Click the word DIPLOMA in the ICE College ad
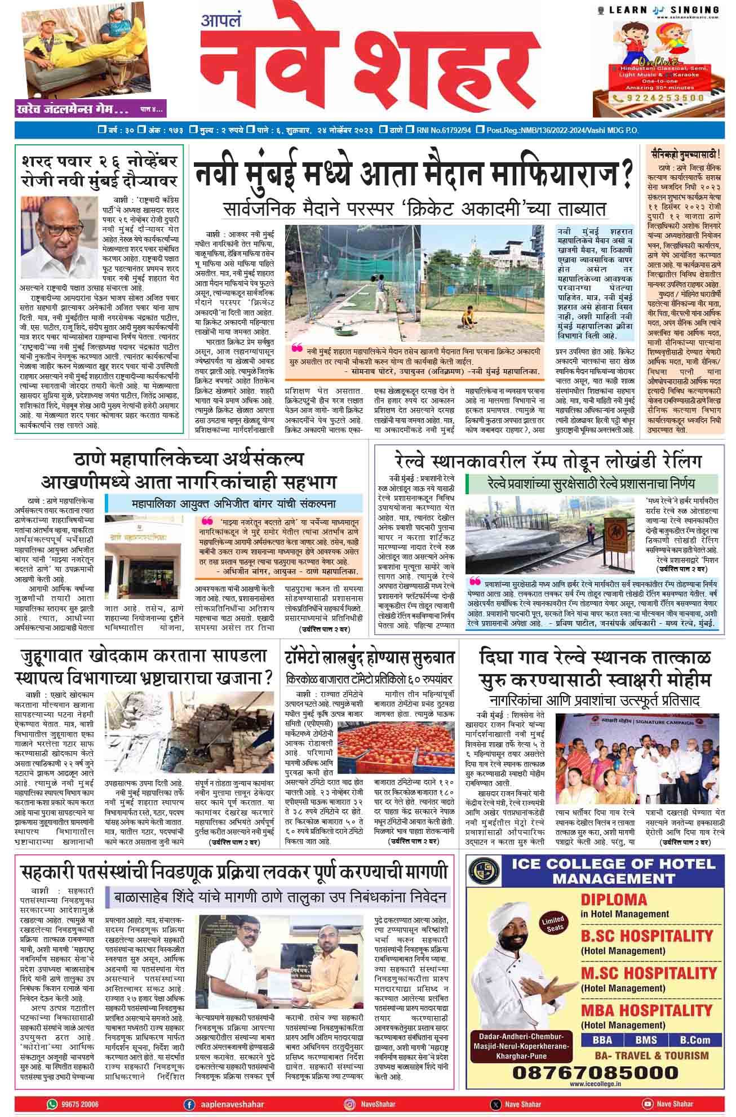614,899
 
